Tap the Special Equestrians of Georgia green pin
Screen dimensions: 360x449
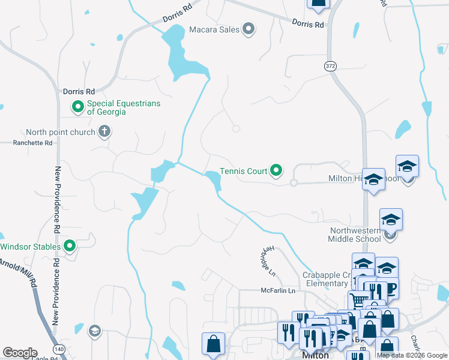pyautogui.click(x=77, y=107)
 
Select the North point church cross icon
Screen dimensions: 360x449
pyautogui.click(x=104, y=131)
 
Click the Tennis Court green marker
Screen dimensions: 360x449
pyautogui.click(x=276, y=171)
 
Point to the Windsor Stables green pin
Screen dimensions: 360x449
pyautogui.click(x=70, y=246)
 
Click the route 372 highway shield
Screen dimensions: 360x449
pyautogui.click(x=330, y=65)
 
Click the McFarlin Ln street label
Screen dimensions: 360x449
pyautogui.click(x=278, y=291)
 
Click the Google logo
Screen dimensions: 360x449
pyautogui.click(x=20, y=353)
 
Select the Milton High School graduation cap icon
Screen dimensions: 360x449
pyautogui.click(x=373, y=180)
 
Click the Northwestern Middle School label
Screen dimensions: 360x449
pyautogui.click(x=355, y=235)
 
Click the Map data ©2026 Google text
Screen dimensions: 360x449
pyautogui.click(x=412, y=356)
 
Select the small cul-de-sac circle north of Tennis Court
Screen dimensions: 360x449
pyautogui.click(x=236, y=128)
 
